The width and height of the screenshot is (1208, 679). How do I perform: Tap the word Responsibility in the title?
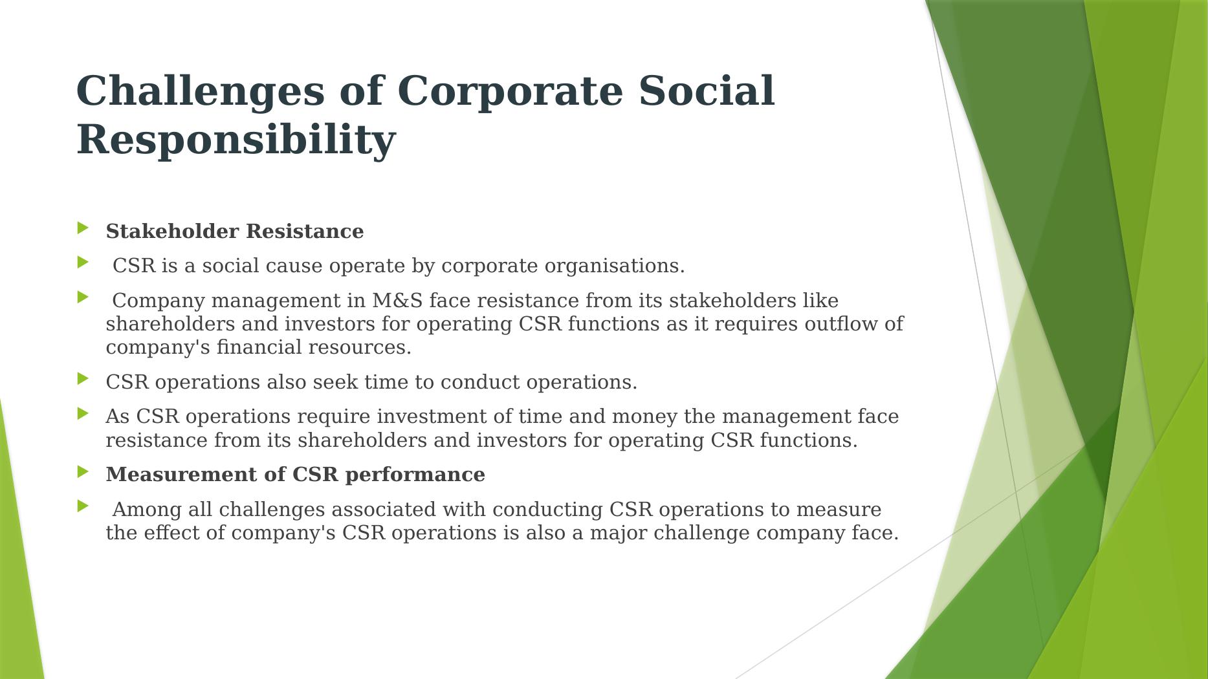coord(236,140)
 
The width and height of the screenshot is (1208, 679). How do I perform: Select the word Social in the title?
coord(707,90)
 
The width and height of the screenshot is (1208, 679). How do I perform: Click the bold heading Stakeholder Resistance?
coord(235,231)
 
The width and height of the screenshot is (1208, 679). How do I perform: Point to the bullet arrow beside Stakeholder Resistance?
coord(83,228)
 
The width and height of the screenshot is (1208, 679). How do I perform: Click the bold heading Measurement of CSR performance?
coord(296,475)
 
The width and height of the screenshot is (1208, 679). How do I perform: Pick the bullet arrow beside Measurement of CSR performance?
coord(83,471)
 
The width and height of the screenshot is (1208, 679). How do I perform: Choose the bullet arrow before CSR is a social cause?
coord(83,262)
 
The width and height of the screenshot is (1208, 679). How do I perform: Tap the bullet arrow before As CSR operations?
coord(83,413)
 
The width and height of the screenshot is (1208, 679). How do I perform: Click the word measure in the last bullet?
coord(839,510)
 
